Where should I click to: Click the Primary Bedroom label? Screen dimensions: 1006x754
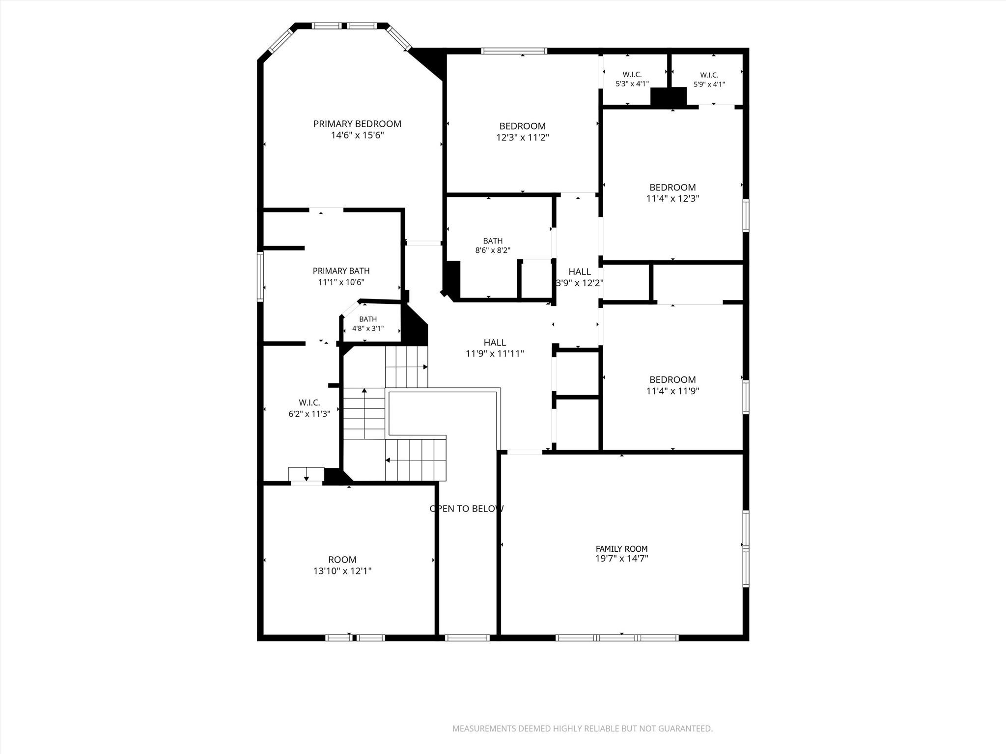point(357,124)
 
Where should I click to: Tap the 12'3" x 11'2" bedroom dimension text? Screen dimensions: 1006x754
point(522,137)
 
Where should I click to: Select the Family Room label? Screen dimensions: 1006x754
point(621,549)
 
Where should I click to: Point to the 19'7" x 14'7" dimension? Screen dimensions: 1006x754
point(621,558)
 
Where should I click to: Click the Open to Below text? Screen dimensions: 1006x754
point(467,509)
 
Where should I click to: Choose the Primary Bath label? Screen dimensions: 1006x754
point(341,271)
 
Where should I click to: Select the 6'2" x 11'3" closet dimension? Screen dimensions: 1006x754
point(309,414)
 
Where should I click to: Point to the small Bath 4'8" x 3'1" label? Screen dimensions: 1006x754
point(368,324)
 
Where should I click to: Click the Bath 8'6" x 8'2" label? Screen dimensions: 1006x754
point(493,245)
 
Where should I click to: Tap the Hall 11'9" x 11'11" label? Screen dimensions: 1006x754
point(495,348)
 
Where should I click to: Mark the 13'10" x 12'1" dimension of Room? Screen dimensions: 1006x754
point(342,571)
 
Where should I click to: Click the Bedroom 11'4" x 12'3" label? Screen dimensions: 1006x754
point(672,193)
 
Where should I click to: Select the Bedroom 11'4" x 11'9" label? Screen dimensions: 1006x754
point(672,385)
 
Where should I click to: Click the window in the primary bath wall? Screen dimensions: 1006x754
point(260,276)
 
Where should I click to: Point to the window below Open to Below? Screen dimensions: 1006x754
point(467,638)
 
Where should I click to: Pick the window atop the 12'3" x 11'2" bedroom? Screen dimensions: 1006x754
point(514,51)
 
